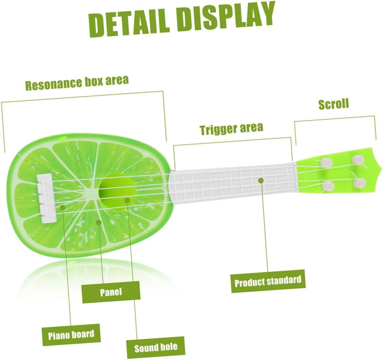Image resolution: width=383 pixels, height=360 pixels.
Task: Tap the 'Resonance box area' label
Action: tap(77, 83)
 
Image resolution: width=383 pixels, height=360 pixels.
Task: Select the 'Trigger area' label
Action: tap(231, 128)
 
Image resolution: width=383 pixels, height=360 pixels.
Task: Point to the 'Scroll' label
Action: tap(333, 104)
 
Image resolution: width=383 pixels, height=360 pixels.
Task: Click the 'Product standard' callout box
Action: tap(268, 281)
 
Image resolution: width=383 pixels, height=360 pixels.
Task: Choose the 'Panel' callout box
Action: tap(111, 292)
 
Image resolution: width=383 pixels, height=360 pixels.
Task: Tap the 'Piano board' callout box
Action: tap(71, 334)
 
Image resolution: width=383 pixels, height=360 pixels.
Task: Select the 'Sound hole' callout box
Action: tap(156, 348)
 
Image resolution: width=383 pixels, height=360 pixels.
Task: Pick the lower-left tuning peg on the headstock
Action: tap(328, 186)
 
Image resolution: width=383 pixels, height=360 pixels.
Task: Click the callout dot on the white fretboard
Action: tap(261, 180)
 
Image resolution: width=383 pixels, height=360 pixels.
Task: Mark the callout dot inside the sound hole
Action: tap(127, 200)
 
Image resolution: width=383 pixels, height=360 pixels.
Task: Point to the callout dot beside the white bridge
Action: tap(63, 208)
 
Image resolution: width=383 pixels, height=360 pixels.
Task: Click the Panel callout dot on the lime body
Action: tap(99, 222)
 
